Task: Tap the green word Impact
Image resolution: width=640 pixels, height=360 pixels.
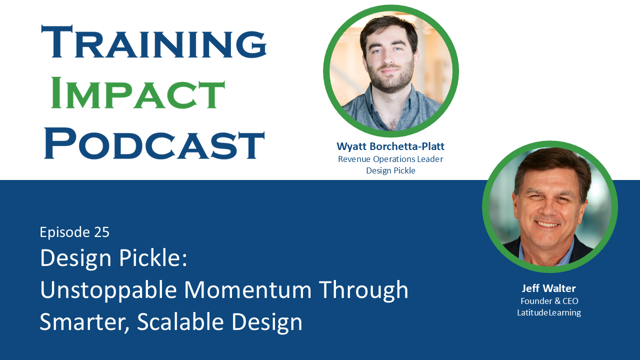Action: [x=137, y=92]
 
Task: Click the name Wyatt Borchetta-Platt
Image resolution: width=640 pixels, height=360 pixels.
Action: [x=390, y=146]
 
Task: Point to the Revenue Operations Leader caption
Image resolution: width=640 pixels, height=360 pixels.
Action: [x=390, y=159]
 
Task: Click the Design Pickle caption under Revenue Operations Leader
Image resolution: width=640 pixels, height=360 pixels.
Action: [x=390, y=170]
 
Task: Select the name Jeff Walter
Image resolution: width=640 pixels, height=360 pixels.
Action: [x=548, y=288]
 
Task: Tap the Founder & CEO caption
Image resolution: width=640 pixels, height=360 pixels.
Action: [x=549, y=301]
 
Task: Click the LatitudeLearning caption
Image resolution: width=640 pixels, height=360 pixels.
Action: [x=549, y=312]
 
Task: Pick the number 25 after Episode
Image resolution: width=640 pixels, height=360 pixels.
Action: [x=101, y=232]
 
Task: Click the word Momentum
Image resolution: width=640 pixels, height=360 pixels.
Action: [x=247, y=290]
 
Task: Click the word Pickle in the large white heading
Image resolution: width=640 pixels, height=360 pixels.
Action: [x=153, y=257]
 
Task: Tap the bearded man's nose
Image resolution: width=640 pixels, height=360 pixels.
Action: [x=389, y=58]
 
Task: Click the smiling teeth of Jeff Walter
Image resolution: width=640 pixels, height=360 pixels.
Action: [x=546, y=224]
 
